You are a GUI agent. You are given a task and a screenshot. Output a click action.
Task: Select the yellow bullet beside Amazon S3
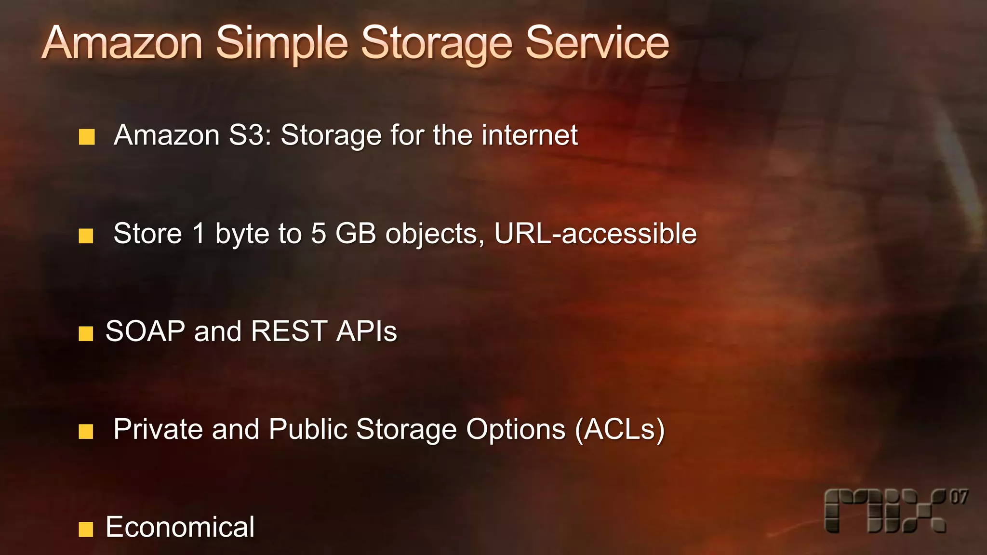click(x=87, y=137)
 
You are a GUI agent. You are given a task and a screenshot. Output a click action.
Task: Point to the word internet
click(x=530, y=135)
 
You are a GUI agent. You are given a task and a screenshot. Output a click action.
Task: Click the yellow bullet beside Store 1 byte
click(x=86, y=236)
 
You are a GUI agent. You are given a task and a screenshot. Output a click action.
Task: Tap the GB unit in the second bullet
click(x=356, y=234)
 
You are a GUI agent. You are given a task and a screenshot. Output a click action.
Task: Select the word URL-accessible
click(x=596, y=234)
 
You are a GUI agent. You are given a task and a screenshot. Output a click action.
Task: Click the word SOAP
click(x=145, y=331)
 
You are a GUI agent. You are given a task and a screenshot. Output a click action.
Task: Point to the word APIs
click(x=367, y=331)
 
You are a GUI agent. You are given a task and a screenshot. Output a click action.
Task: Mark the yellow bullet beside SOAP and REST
click(x=86, y=333)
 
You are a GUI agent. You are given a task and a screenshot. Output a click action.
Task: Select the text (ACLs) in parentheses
click(x=620, y=429)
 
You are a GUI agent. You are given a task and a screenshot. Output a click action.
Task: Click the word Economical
click(x=180, y=527)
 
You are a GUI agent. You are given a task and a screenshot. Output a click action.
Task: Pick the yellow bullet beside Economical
click(x=86, y=529)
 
